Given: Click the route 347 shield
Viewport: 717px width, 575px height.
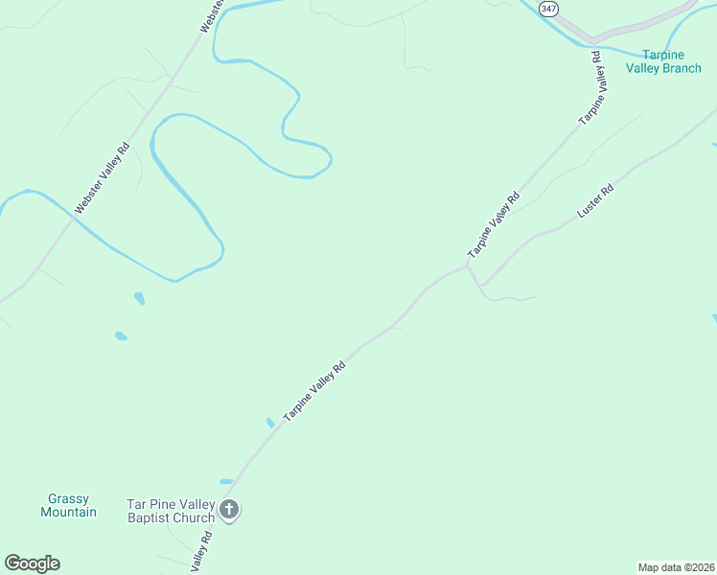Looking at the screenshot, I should (548, 8).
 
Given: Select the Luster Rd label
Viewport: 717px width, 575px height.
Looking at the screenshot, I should (595, 201).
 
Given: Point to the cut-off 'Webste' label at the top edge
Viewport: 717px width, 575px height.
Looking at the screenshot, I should (211, 16).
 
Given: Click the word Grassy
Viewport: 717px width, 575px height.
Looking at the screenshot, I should (68, 498).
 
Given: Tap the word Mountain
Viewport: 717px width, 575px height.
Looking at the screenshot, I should (68, 512).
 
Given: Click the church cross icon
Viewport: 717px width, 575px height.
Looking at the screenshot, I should (229, 510).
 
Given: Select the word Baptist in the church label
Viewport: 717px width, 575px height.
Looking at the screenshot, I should (150, 518).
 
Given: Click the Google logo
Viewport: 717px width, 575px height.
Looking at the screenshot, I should (32, 563).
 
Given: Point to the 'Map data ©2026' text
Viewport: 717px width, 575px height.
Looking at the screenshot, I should (676, 566).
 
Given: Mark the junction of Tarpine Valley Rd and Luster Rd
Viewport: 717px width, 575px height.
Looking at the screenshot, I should (468, 267).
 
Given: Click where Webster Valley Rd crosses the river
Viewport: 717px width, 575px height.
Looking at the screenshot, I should (73, 218).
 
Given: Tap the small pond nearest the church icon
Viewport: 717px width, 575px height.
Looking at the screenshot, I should (226, 481).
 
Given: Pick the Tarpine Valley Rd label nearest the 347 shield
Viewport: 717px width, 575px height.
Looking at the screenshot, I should (593, 87).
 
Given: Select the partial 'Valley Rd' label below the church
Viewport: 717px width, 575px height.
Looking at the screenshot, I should (200, 557).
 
